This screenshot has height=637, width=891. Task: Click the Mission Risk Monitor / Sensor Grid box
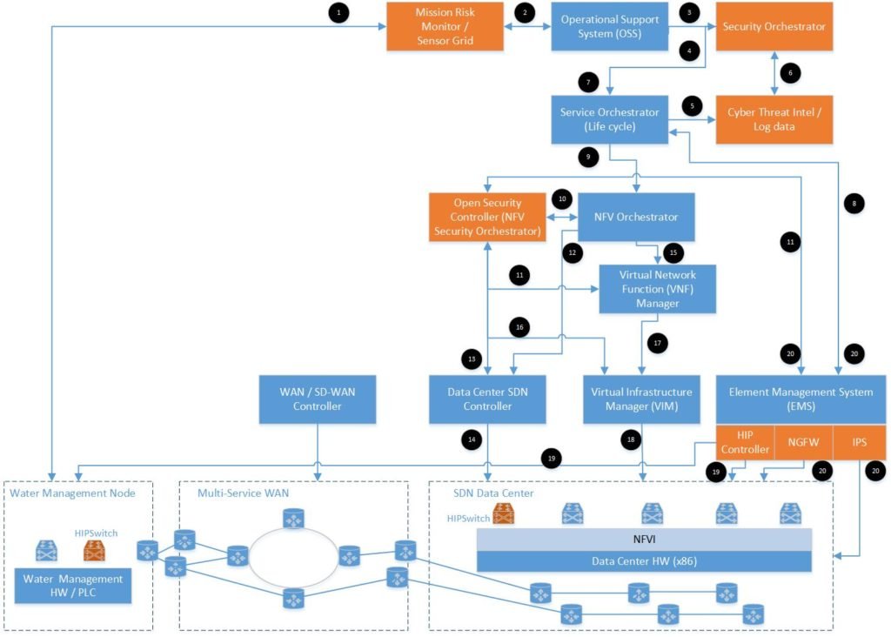445,27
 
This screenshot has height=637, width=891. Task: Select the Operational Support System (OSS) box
609,27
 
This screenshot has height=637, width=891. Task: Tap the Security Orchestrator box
774,27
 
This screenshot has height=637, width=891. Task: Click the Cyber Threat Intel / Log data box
774,119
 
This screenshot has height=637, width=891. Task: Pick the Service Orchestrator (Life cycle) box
609,119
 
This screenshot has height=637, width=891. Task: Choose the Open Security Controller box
487,217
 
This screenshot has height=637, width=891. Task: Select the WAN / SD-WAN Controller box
318,399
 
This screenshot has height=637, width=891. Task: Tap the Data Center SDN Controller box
487,399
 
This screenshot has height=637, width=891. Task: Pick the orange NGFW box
803,442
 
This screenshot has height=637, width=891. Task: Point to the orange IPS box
860,442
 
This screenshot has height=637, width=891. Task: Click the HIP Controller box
747,442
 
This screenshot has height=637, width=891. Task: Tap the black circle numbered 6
790,74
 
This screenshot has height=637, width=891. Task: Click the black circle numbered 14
472,440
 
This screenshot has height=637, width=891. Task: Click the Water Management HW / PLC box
73,586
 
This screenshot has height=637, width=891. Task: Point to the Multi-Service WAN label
236,493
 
